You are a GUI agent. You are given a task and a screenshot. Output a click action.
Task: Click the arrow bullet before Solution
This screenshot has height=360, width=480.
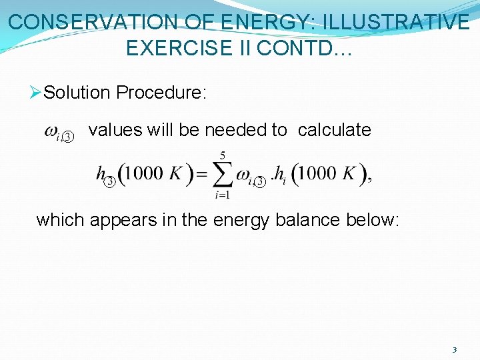pos(36,93)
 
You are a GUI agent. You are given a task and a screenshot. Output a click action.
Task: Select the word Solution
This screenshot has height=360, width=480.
pos(77,93)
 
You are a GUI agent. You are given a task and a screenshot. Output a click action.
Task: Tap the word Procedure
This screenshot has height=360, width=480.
pos(161,93)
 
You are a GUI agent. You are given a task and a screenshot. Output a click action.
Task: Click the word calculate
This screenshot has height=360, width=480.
pos(335,130)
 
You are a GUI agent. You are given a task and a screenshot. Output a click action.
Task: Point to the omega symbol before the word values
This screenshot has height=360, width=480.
pos(51,132)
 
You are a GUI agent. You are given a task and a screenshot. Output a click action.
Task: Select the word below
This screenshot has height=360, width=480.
pos(373,219)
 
